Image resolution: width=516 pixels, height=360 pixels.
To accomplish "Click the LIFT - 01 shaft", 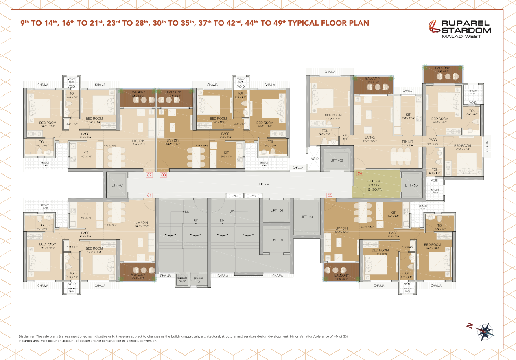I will pos(118,185).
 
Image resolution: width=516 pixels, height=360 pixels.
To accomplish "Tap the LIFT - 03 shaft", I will pos(411,185).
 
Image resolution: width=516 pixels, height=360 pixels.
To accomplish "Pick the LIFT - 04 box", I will pos(306,217).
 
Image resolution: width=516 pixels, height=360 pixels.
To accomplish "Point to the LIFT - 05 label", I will pos(277,211).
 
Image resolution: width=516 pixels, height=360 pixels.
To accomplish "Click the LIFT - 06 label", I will pos(277,240).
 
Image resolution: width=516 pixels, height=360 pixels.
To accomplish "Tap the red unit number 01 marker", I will pos(149,195).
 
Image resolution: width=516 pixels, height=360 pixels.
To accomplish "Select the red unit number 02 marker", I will pos(149,175).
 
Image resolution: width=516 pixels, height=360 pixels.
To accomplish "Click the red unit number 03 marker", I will pos(164,175).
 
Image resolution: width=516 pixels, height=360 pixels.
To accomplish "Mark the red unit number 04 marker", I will pos(360,173).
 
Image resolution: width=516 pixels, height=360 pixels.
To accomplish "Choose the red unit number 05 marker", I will pos(330,195).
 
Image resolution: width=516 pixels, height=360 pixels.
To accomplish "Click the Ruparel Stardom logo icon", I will pos(435,27).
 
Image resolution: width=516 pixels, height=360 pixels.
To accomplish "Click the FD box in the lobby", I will pos(235,196).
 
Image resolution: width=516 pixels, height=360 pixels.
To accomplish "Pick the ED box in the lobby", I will pos(254,196).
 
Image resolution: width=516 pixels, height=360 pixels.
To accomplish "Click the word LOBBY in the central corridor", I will pos(265,184).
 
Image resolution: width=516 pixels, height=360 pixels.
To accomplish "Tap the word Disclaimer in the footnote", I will pos(28,336).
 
